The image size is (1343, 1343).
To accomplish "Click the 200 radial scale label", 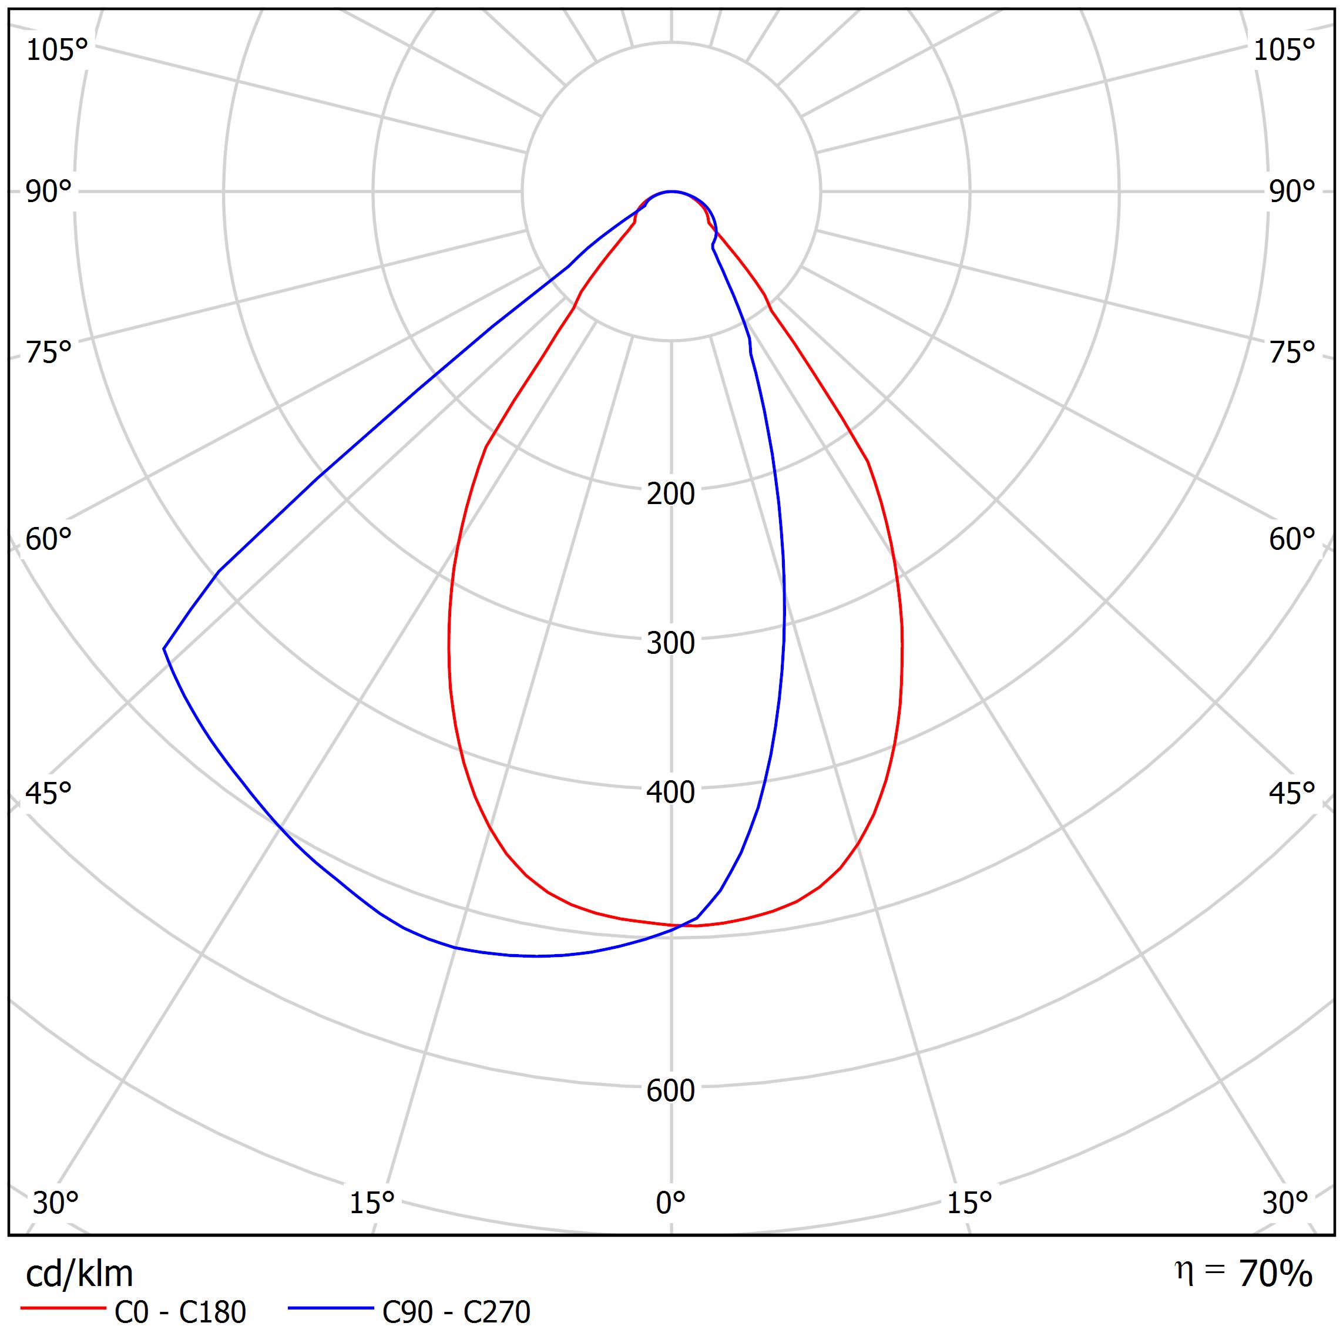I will pos(670,494).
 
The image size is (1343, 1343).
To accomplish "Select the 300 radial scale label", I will pos(670,644).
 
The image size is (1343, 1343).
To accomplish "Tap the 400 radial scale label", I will pos(670,793).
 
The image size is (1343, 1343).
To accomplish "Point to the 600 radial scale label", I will pos(670,1090).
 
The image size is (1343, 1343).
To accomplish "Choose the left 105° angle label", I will pos(57,50).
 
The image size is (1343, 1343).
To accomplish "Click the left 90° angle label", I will pos(49,192).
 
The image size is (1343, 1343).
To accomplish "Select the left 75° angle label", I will pos(49,352).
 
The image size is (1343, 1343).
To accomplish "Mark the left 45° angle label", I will pos(49,793).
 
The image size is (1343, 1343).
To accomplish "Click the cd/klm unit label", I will pos(79,1274).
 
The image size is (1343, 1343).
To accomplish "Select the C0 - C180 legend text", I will pos(180,1312).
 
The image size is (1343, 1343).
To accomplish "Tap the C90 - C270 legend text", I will pos(456,1312).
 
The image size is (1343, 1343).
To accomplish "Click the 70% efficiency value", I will pos(1275,1274).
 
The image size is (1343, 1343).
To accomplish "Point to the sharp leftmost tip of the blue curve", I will pos(164,649).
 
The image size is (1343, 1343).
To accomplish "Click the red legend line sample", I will pos(62,1308).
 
